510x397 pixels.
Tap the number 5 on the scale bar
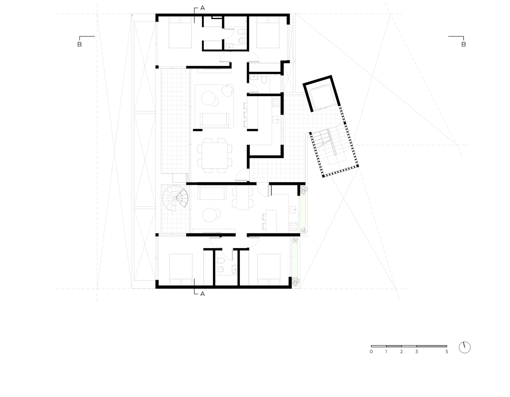pyautogui.click(x=447, y=352)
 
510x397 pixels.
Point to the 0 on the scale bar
pyautogui.click(x=371, y=352)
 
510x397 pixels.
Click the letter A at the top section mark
pyautogui.click(x=203, y=8)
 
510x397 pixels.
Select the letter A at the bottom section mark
pyautogui.click(x=203, y=294)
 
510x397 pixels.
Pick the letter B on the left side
pyautogui.click(x=80, y=44)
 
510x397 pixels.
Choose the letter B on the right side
pyautogui.click(x=464, y=44)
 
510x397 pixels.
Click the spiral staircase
pyautogui.click(x=175, y=198)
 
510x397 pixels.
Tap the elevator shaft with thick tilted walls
pyautogui.click(x=322, y=94)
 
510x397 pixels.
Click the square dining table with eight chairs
pyautogui.click(x=215, y=156)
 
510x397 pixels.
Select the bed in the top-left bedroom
pyautogui.click(x=180, y=33)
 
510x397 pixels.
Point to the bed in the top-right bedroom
pyautogui.click(x=268, y=33)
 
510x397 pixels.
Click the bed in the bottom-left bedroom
pyautogui.click(x=181, y=270)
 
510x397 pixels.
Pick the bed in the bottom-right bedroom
pyautogui.click(x=269, y=270)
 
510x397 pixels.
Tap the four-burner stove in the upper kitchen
pyautogui.click(x=276, y=102)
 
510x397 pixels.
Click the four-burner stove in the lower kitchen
pyautogui.click(x=293, y=227)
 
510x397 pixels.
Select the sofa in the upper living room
pyautogui.click(x=214, y=120)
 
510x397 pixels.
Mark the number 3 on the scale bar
pyautogui.click(x=416, y=352)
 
